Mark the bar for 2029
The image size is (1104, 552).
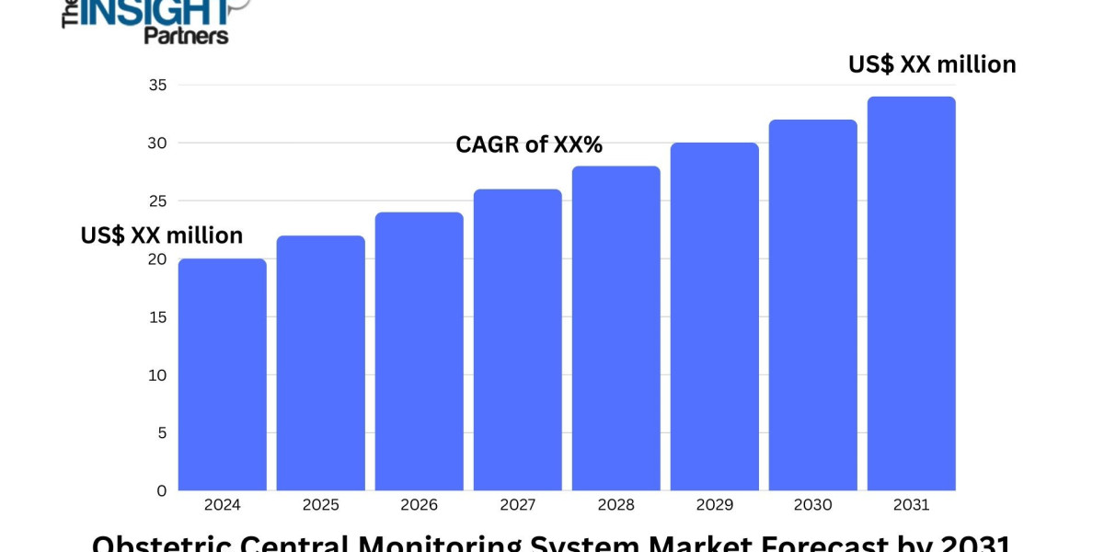coord(714,316)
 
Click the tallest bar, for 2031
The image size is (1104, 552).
coord(911,293)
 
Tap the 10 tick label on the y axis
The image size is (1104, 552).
coord(156,375)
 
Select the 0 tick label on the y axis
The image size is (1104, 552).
coord(161,490)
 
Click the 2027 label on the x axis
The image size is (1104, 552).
coord(517,505)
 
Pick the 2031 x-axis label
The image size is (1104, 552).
coord(911,505)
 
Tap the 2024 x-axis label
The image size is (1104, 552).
coord(222,505)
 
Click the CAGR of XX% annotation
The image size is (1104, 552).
coord(529,144)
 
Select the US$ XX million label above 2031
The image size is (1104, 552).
coord(931,64)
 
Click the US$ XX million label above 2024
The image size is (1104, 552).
coord(162,236)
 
